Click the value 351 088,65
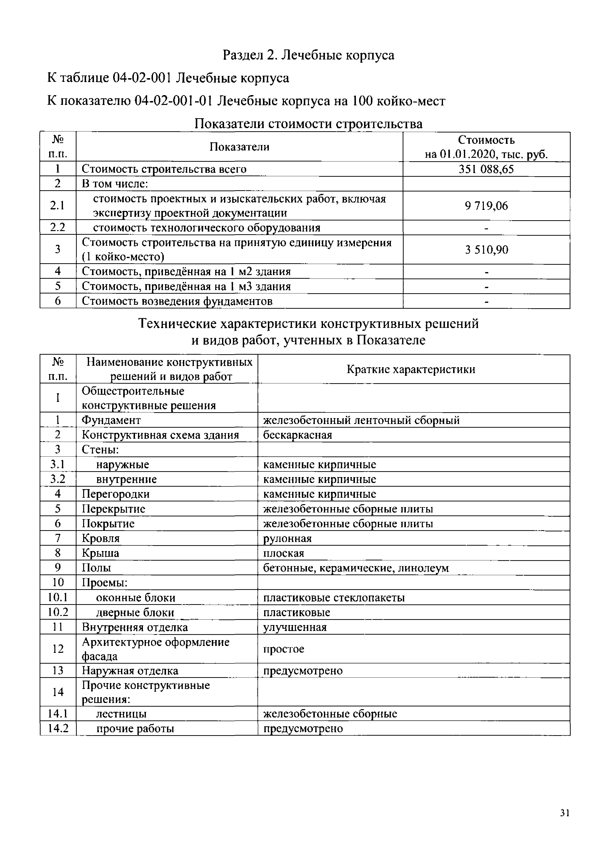pos(486,169)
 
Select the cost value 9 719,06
pos(486,206)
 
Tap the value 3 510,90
pos(486,250)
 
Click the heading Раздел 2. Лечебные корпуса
pos(308,55)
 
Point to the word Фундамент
pos(111,420)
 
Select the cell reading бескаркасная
pos(297,435)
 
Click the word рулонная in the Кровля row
pos(287,538)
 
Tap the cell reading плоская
pos(284,553)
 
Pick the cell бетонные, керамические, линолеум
pos(356,568)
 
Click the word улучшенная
pos(295,627)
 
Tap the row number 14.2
pos(58,728)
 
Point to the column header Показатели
pos(239,147)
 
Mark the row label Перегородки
pos(116,494)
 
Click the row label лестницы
pos(121,714)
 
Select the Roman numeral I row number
pos(58,398)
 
